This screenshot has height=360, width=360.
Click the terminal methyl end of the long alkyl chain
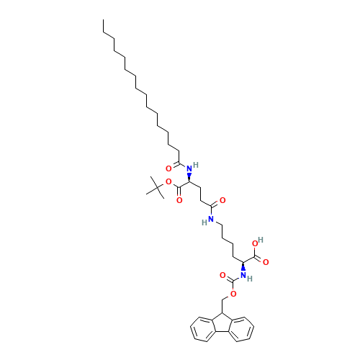104,32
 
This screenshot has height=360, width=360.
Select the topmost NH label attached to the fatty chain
190,168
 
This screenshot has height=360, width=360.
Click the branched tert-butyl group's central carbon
153,186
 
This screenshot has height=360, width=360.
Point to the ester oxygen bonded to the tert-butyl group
168,182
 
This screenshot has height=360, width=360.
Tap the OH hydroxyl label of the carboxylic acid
258,243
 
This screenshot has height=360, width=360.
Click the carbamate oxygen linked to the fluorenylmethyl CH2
233,294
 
